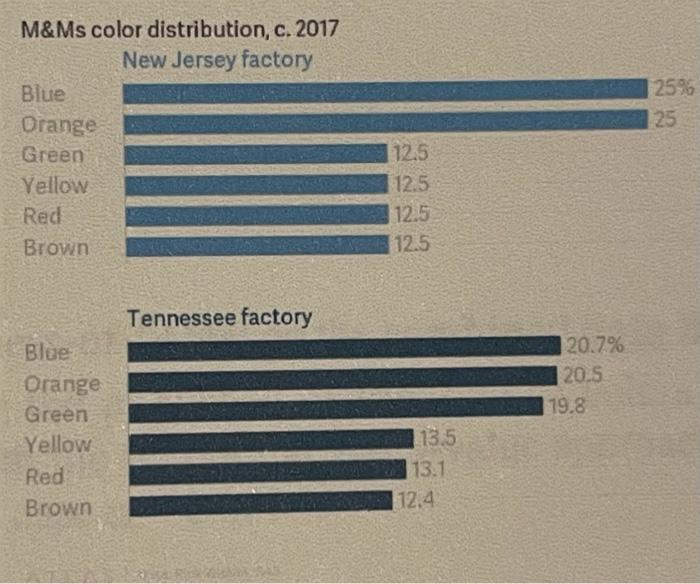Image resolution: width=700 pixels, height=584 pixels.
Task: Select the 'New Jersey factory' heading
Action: point(217,60)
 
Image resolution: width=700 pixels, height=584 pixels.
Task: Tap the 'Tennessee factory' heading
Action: point(220,318)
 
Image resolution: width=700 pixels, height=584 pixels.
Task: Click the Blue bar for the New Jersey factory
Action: point(385,92)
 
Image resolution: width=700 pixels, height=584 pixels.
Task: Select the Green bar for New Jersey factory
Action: point(256,154)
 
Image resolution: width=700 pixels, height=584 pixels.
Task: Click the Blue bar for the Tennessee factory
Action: point(344,347)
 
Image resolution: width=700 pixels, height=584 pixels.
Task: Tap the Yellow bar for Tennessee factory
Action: point(271,440)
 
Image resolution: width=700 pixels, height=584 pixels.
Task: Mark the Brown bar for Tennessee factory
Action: point(261,501)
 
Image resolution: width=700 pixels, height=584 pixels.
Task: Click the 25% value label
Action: point(672,89)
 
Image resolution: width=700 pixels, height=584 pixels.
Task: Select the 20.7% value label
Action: point(595,347)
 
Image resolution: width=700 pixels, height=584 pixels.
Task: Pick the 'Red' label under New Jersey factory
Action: point(41,216)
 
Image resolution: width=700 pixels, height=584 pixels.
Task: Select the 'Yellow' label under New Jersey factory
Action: point(54,186)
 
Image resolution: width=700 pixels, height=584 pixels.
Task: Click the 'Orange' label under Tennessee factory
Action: point(62,384)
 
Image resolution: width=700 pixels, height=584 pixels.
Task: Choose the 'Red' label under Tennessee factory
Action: point(44,476)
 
